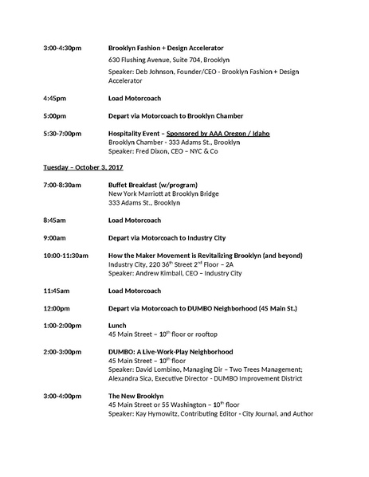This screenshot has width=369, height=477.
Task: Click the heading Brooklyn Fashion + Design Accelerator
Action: coord(166,48)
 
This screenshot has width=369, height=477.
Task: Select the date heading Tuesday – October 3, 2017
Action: coord(83,167)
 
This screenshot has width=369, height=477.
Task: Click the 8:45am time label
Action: coord(55,220)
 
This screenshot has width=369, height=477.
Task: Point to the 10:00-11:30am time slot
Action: coord(69,255)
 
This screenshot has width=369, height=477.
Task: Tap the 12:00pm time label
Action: coord(57,308)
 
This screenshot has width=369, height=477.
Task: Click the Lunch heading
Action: coord(117,326)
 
